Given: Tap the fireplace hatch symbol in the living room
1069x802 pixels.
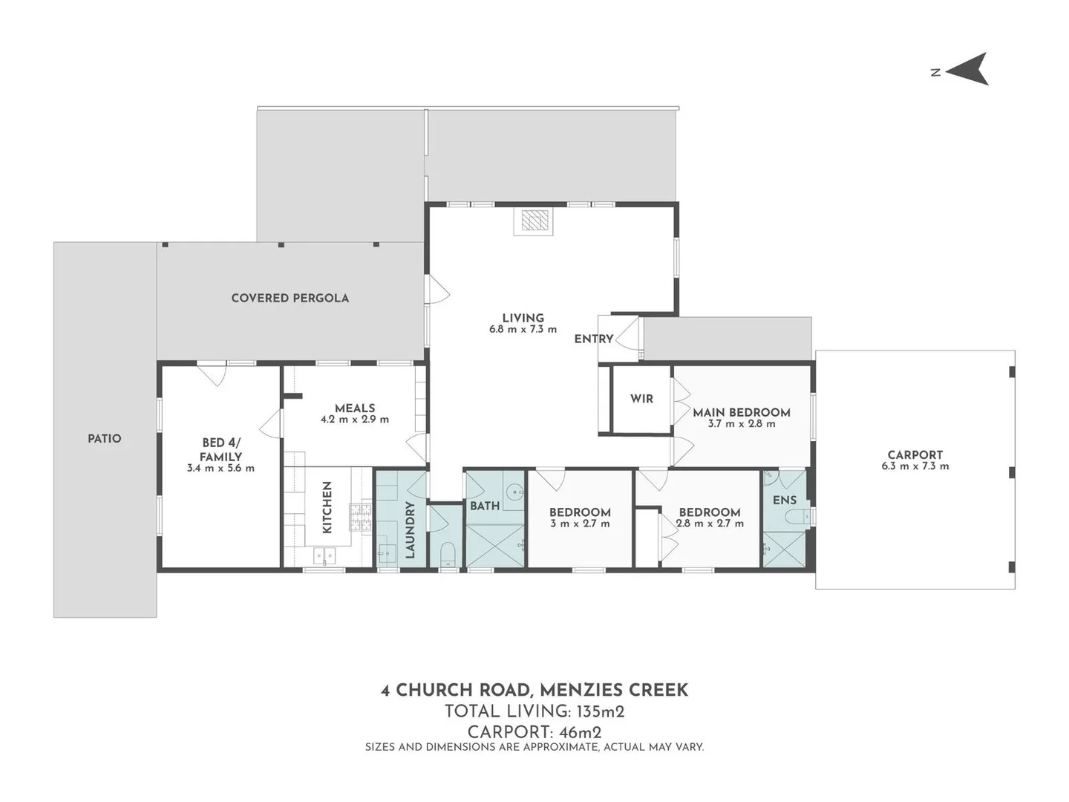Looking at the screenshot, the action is click(534, 220).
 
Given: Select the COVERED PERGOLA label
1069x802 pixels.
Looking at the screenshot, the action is click(290, 298).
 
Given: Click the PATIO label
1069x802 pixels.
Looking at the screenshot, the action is click(104, 439).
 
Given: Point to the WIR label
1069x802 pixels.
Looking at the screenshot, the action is click(641, 399).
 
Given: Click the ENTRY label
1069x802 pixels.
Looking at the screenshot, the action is click(594, 339).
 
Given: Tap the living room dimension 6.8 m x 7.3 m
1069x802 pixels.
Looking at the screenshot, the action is click(523, 329).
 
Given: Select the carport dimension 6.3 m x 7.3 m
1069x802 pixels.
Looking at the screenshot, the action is click(915, 466).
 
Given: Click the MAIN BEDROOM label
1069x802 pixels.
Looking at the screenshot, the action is click(741, 412).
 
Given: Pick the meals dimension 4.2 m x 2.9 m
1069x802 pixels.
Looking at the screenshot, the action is click(355, 420).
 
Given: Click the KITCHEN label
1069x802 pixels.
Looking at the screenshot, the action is click(327, 507).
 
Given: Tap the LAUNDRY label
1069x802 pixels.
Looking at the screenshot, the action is click(410, 529).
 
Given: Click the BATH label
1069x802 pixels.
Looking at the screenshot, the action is click(485, 506).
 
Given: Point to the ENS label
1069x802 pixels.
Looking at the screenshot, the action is click(785, 500).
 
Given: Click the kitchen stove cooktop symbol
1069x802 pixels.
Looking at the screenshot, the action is click(360, 517).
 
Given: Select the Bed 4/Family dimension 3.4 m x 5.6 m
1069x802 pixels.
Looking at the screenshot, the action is click(220, 469).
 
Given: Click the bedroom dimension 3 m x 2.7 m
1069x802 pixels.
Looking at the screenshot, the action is click(580, 524).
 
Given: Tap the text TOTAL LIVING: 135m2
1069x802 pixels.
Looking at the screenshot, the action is click(534, 712).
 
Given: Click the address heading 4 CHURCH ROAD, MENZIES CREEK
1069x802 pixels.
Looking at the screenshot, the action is click(534, 691).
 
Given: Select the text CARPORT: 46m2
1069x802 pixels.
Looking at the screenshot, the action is click(534, 732).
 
